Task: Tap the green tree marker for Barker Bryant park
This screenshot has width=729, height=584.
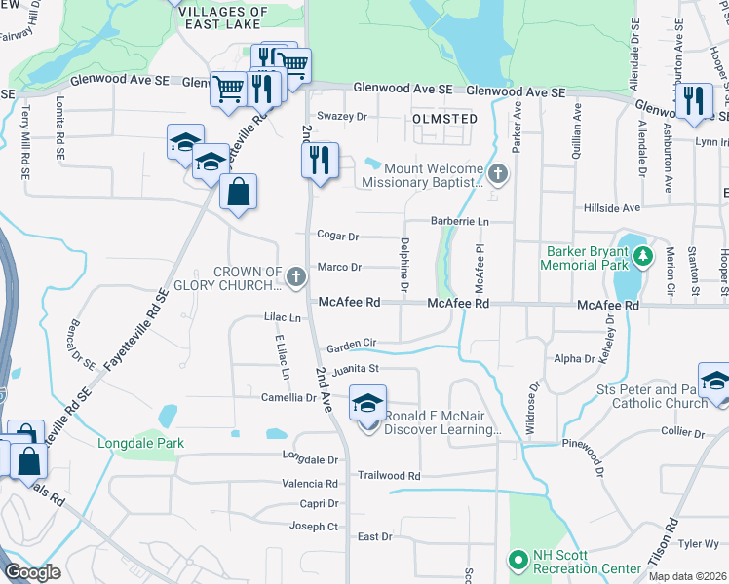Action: (x=642, y=257)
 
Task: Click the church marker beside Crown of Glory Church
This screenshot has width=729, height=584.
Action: (x=296, y=278)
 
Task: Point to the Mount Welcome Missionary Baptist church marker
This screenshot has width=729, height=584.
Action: (x=498, y=175)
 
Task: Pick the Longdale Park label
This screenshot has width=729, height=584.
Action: (x=140, y=444)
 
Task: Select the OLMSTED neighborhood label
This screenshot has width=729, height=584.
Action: (x=444, y=119)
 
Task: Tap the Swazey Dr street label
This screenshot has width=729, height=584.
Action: (x=348, y=116)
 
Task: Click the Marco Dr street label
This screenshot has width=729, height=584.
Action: (x=340, y=267)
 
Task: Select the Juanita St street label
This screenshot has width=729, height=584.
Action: (x=354, y=370)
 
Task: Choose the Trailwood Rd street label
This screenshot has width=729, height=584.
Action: (x=388, y=476)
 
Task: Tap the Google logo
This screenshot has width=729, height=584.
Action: (x=32, y=572)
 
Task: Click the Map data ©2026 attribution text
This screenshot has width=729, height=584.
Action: (x=688, y=576)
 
